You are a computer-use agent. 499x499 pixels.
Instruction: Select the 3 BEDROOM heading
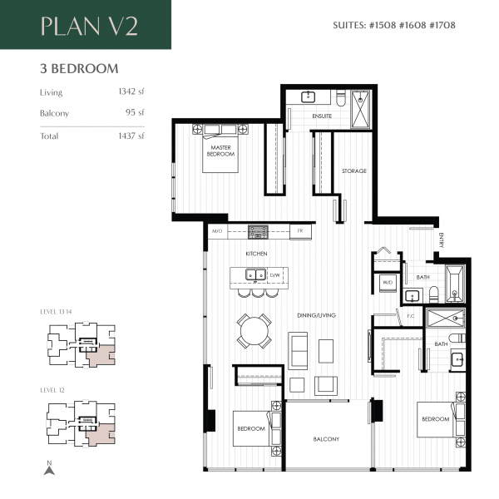(x=78, y=68)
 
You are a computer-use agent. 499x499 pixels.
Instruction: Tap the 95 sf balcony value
(x=136, y=112)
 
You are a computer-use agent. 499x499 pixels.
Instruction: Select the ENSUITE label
(x=323, y=116)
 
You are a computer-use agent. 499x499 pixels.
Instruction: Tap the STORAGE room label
(x=353, y=171)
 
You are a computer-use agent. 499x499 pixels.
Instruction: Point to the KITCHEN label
(x=255, y=253)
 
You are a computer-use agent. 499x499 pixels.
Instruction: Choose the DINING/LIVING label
(x=316, y=315)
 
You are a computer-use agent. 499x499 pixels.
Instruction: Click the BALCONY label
(x=326, y=439)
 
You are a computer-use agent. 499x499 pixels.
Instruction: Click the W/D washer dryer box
(x=387, y=283)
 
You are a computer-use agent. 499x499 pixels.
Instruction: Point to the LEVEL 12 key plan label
(x=52, y=390)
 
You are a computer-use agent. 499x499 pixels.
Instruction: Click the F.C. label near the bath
(x=410, y=316)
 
